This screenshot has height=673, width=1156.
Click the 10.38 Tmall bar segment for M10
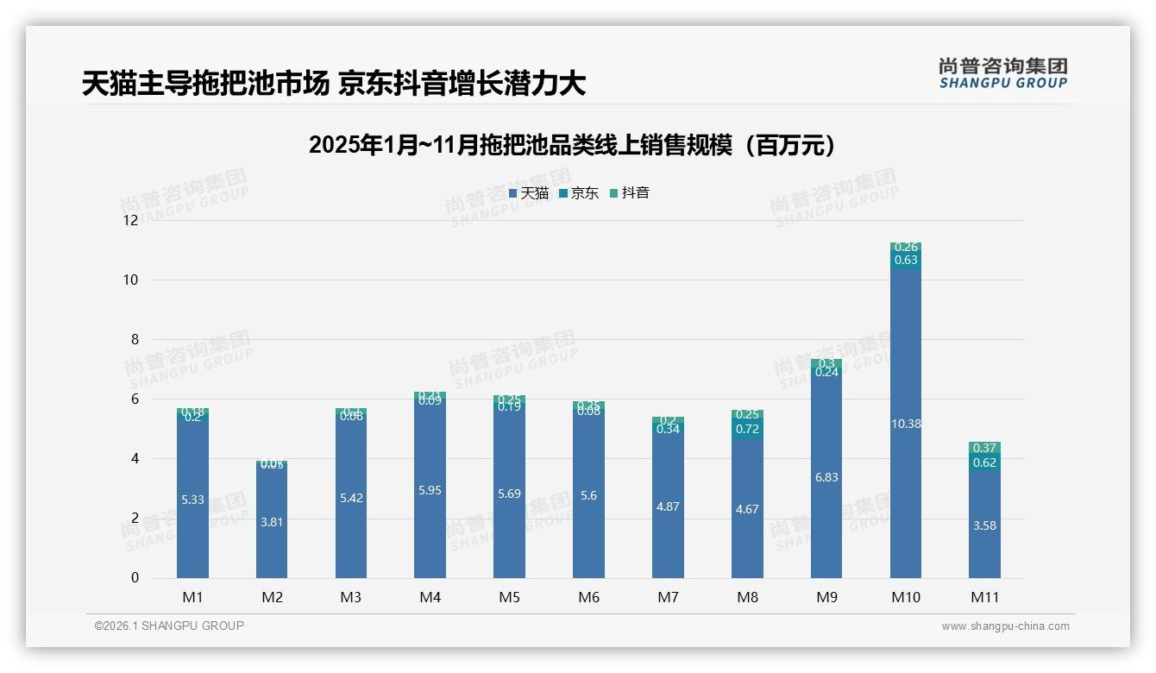pos(905,424)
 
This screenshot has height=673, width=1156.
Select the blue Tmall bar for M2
pos(272,521)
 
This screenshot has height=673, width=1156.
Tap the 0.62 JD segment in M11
pos(984,462)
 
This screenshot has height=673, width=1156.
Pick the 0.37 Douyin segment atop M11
pos(984,448)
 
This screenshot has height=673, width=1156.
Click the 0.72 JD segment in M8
pos(747,428)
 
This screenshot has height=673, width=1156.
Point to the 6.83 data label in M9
pos(826,477)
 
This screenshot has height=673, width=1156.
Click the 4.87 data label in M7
pos(668,506)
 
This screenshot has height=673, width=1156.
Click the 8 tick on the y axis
pos(134,339)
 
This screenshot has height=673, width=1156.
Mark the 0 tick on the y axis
pos(134,578)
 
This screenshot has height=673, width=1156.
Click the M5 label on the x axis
pos(509,597)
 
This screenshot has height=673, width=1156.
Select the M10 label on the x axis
pos(905,597)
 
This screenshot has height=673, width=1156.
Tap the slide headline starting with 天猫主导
pos(334,84)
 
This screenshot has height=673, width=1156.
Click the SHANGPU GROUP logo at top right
pos(1002,72)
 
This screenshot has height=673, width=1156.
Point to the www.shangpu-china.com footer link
pos(1005,626)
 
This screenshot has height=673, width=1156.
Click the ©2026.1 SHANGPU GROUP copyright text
pos(169,626)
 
